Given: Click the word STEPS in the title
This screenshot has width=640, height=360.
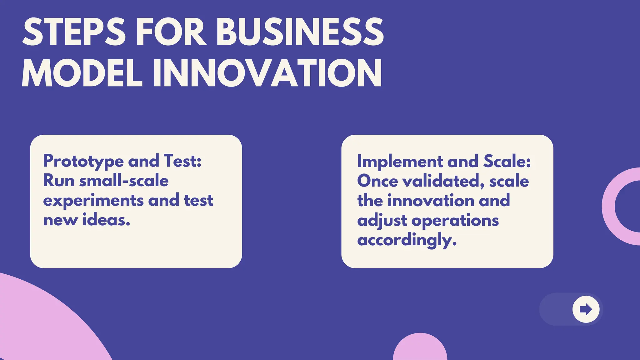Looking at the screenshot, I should (74, 32).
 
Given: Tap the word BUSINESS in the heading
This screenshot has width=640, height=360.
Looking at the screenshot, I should (299, 32).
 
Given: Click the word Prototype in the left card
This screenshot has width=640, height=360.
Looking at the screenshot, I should (83, 162).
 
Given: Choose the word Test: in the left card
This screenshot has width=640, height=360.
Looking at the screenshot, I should (182, 161).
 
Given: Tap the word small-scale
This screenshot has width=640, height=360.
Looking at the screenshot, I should (124, 181).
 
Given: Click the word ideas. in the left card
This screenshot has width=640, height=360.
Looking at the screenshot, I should (106, 220).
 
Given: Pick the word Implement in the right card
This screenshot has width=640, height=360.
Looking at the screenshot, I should (400, 162).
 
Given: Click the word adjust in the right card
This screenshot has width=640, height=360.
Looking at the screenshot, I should (382, 221).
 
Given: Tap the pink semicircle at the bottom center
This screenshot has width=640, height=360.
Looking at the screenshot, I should (420, 348).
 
